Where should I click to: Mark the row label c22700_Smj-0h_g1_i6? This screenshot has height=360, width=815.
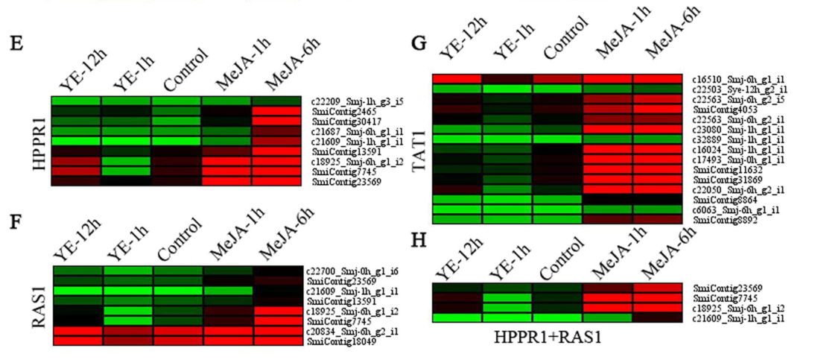346,271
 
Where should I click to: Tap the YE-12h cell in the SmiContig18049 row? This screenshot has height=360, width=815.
77,341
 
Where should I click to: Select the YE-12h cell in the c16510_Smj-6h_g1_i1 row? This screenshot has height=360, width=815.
457,79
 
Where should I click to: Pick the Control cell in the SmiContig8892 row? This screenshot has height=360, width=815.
557,220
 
